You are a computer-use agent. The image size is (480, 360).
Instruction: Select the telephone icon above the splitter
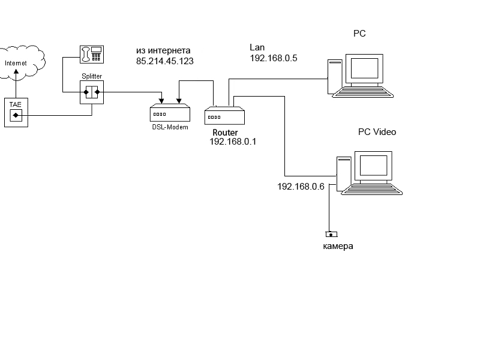(92, 55)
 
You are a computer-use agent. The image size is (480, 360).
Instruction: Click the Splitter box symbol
(92, 93)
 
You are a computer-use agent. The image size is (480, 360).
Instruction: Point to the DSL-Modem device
(170, 112)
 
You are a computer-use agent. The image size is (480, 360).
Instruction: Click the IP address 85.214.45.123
(165, 61)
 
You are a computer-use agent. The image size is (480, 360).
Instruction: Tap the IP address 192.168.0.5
(274, 58)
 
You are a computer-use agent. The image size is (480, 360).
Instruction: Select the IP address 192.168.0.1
(233, 142)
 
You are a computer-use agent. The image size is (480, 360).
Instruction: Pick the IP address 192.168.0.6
(301, 187)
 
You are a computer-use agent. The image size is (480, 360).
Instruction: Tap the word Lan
(257, 47)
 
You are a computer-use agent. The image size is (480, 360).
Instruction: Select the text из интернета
(163, 50)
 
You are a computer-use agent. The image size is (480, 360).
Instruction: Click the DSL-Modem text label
(170, 127)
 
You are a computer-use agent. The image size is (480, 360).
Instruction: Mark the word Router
(225, 132)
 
